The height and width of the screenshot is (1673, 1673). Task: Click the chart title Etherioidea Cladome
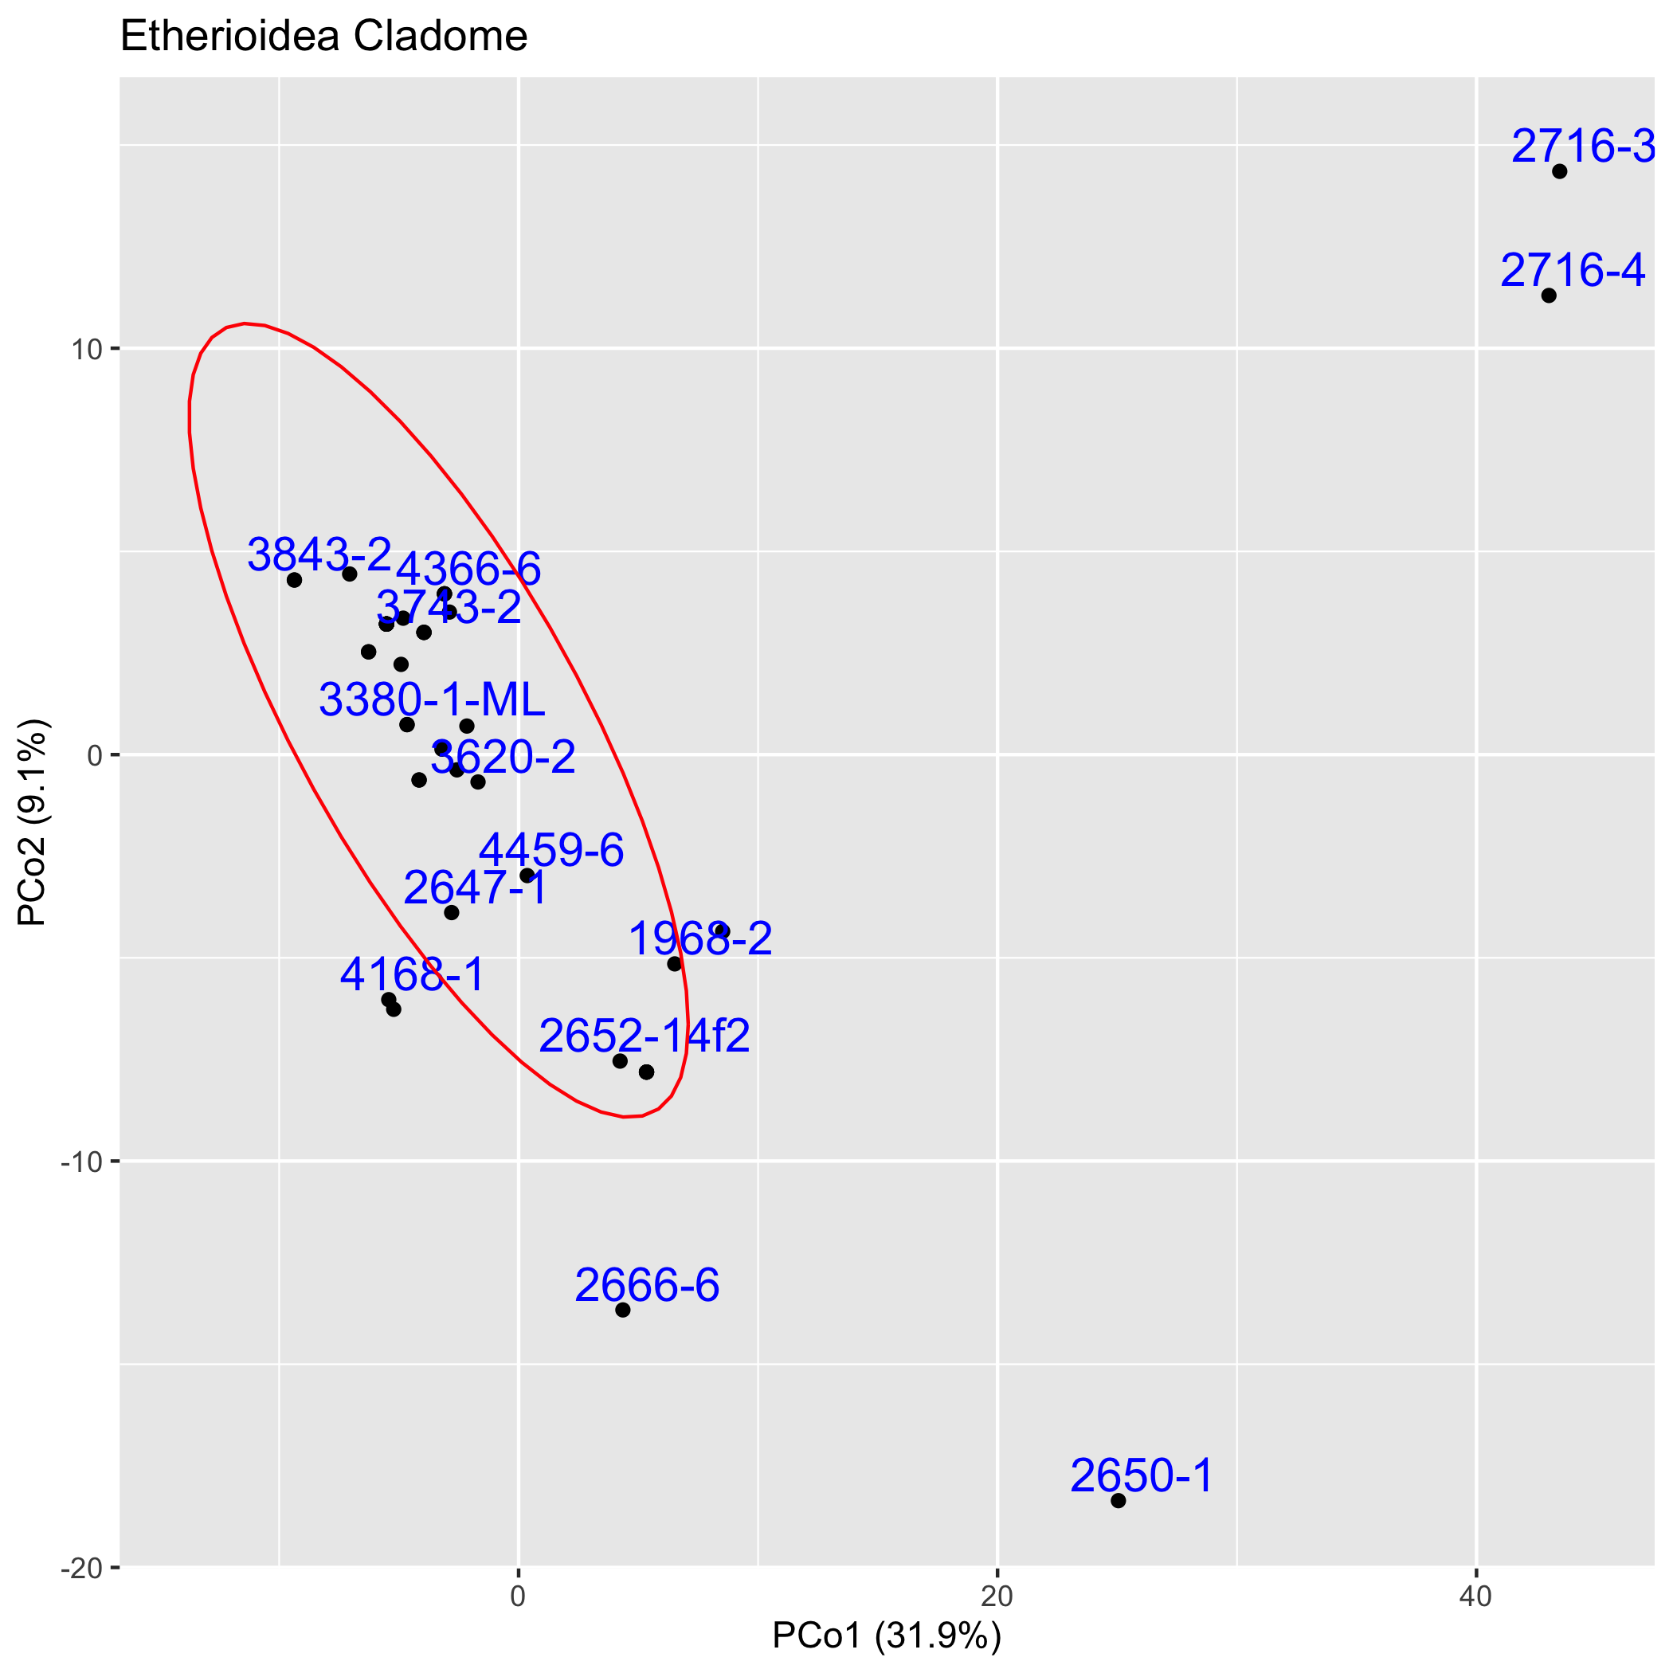(x=323, y=37)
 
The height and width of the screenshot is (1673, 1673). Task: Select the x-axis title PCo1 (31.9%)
(x=886, y=1636)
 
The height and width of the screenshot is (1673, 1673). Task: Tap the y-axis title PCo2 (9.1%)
(x=33, y=823)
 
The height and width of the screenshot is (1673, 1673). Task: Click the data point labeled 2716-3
(x=1560, y=171)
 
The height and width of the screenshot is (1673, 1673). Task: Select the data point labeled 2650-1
(x=1118, y=1501)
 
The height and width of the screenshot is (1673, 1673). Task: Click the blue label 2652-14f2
(x=645, y=1036)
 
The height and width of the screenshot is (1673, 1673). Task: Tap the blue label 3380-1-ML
(x=431, y=699)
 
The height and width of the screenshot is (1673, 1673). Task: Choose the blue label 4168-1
(x=412, y=975)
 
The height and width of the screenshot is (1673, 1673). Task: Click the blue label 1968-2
(x=699, y=938)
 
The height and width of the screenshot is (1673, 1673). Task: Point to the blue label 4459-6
(x=551, y=850)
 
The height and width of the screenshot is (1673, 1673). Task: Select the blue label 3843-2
(x=319, y=554)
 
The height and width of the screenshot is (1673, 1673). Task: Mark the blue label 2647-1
(x=476, y=888)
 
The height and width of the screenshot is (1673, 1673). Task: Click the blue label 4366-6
(x=468, y=570)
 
